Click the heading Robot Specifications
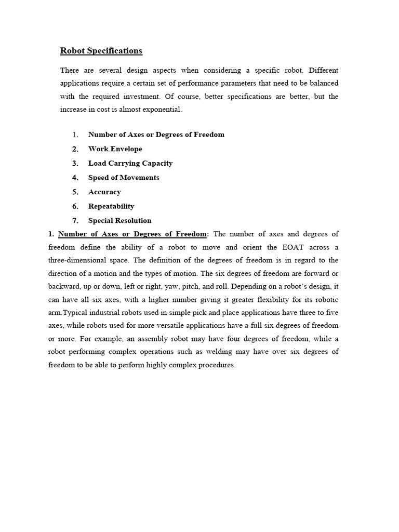(x=101, y=51)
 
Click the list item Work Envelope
(x=115, y=149)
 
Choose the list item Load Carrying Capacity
(x=130, y=163)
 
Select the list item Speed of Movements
(x=124, y=178)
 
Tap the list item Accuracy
(x=104, y=192)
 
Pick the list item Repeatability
(x=111, y=206)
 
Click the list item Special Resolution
(x=119, y=220)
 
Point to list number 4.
(x=75, y=178)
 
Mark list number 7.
(x=75, y=220)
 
